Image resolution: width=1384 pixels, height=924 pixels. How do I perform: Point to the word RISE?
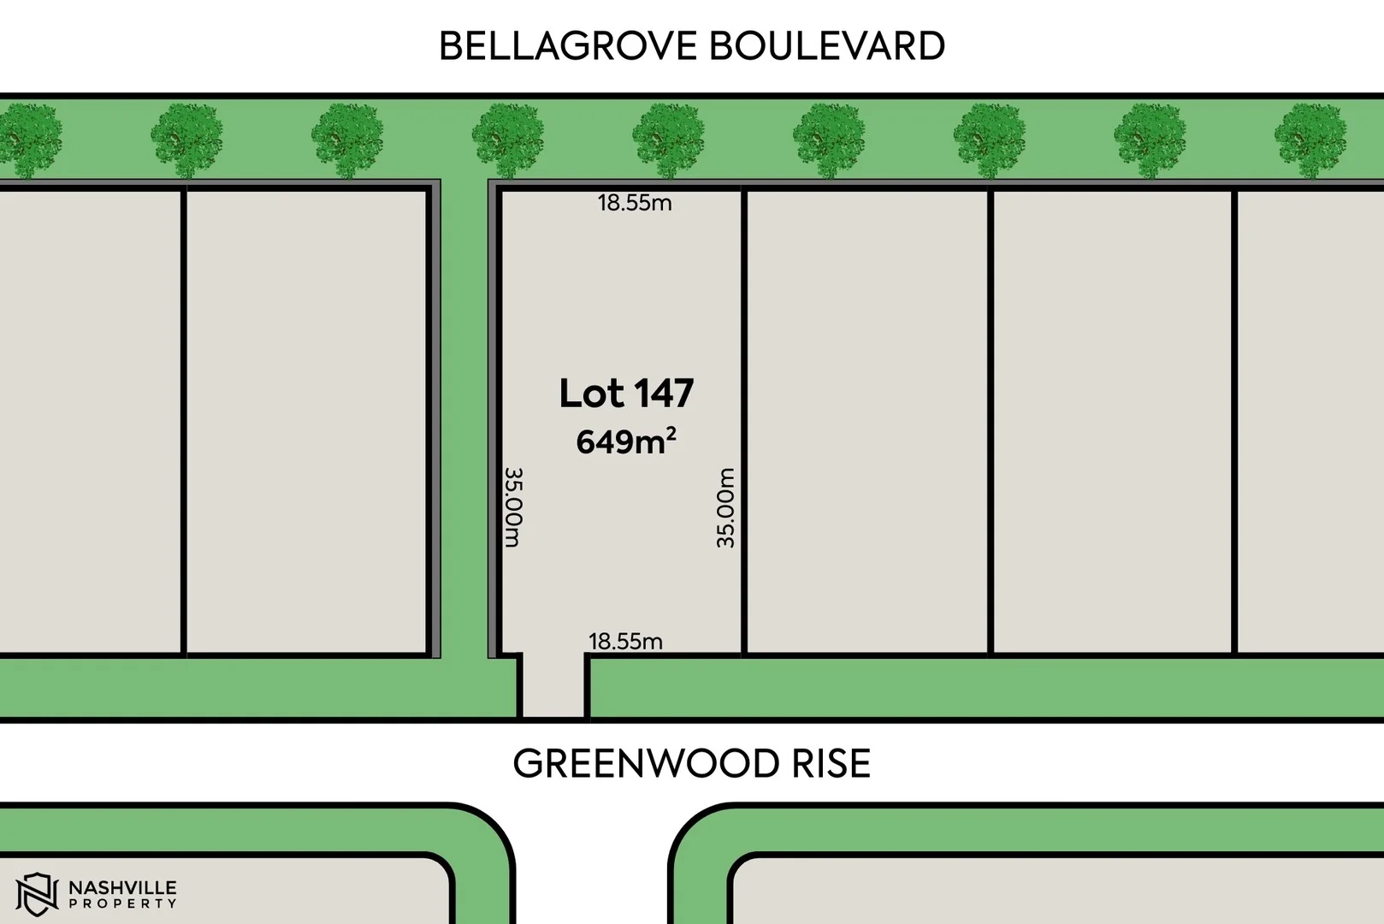(x=831, y=764)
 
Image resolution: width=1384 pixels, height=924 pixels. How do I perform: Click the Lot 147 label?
(x=626, y=394)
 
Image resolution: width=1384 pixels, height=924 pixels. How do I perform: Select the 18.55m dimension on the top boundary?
(x=634, y=203)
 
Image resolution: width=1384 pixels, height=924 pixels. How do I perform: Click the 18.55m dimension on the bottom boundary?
(x=625, y=641)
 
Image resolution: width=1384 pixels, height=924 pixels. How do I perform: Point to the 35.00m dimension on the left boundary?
(x=512, y=506)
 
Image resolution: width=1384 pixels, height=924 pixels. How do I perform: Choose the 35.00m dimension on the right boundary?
(x=725, y=507)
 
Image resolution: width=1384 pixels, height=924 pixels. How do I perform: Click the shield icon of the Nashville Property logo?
(x=37, y=894)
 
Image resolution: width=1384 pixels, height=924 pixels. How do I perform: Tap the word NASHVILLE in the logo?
(x=122, y=887)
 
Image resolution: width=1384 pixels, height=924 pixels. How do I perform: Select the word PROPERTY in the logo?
(x=122, y=903)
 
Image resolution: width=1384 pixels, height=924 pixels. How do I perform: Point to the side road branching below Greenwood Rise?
(x=592, y=864)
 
